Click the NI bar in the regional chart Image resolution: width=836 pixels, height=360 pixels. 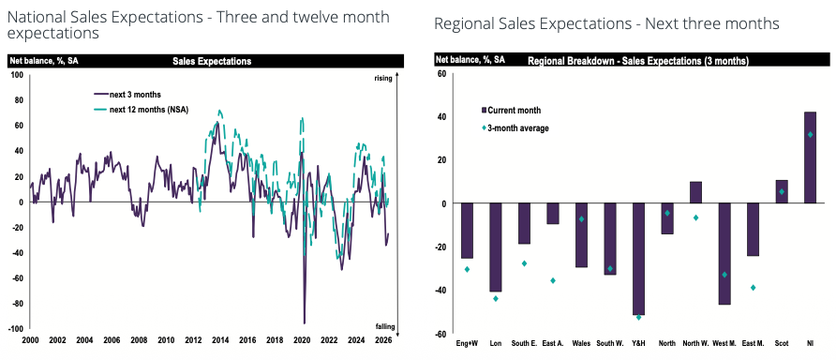(x=810, y=157)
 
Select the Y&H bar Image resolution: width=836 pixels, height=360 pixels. (x=638, y=259)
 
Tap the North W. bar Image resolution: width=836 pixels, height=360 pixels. (x=695, y=192)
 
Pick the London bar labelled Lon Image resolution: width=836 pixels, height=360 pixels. (x=495, y=247)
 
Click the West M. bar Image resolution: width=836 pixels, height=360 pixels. (x=724, y=254)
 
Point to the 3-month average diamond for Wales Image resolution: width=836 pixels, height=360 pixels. (x=581, y=219)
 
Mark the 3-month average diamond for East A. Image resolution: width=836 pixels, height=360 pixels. (x=553, y=280)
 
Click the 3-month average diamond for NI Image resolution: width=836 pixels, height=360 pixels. (x=810, y=134)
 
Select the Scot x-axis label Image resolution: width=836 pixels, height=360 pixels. (x=782, y=343)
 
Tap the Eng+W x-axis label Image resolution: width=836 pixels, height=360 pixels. (x=467, y=343)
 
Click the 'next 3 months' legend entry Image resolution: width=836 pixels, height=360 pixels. (x=127, y=95)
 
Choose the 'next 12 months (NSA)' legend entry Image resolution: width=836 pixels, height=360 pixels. (x=142, y=110)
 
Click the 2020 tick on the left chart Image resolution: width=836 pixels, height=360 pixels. (x=303, y=339)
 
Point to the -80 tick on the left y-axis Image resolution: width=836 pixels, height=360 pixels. (x=19, y=304)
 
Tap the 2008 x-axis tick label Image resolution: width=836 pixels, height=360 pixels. (x=139, y=339)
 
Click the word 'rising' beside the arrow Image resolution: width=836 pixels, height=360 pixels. (x=382, y=79)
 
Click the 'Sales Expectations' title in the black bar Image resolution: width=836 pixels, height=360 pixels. (x=212, y=61)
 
